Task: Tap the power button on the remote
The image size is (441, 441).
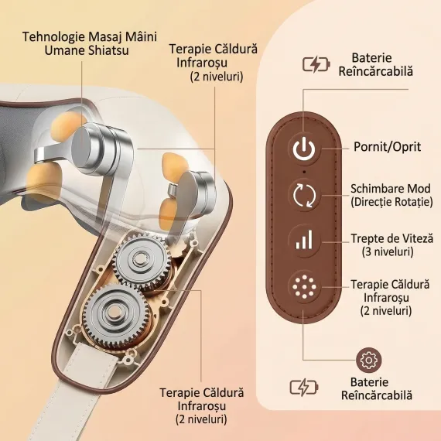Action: [x=304, y=149]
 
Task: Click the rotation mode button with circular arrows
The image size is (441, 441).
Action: [x=304, y=195]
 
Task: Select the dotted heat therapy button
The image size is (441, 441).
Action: [x=304, y=287]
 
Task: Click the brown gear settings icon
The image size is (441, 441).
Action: [x=368, y=360]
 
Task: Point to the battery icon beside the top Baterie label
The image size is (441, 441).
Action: [x=316, y=64]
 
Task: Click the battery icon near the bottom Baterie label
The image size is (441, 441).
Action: [x=304, y=388]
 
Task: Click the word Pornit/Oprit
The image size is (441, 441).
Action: [x=387, y=147]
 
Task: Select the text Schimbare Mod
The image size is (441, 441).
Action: [x=391, y=189]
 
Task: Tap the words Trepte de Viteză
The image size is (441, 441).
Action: [x=392, y=238]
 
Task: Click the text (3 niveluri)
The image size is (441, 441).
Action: [x=388, y=251]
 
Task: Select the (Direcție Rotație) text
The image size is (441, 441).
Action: [x=391, y=202]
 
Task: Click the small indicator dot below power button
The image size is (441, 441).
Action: [x=304, y=172]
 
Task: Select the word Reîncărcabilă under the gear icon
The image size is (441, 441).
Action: [x=377, y=395]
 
